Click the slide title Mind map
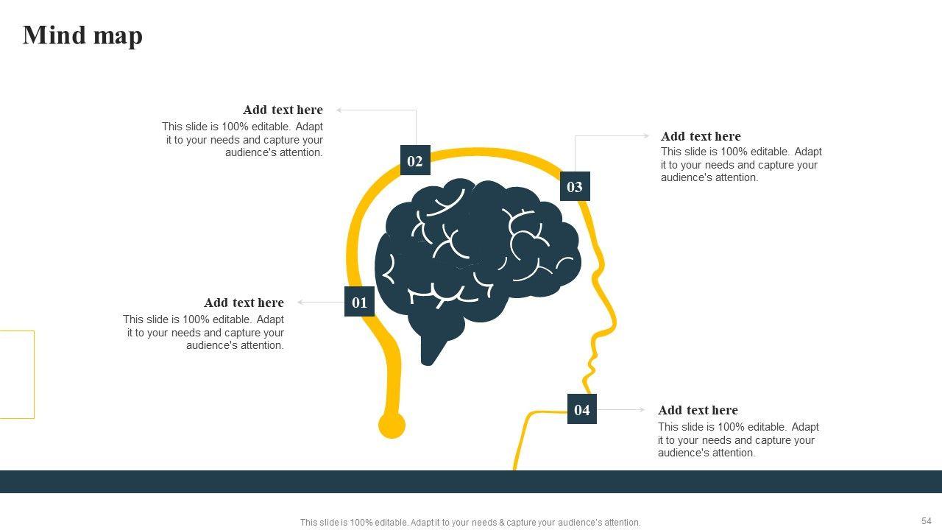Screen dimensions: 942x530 (x=82, y=35)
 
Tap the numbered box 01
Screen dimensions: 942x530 (x=359, y=302)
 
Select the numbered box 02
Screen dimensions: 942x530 (x=415, y=160)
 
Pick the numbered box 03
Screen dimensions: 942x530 (x=575, y=186)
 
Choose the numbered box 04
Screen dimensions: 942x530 (x=582, y=409)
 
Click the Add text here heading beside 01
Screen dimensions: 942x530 (x=244, y=303)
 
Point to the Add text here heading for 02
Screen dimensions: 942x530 (x=283, y=110)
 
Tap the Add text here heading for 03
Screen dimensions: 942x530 (x=701, y=136)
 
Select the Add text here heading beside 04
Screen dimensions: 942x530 (x=698, y=410)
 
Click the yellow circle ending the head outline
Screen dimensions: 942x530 (x=392, y=425)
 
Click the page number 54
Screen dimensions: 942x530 (x=926, y=521)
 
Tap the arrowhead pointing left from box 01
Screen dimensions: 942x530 (x=300, y=302)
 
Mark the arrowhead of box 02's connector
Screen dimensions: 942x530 (x=339, y=110)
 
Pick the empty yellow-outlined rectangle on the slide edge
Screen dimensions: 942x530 (x=16, y=374)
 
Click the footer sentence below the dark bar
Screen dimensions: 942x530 (x=470, y=523)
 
